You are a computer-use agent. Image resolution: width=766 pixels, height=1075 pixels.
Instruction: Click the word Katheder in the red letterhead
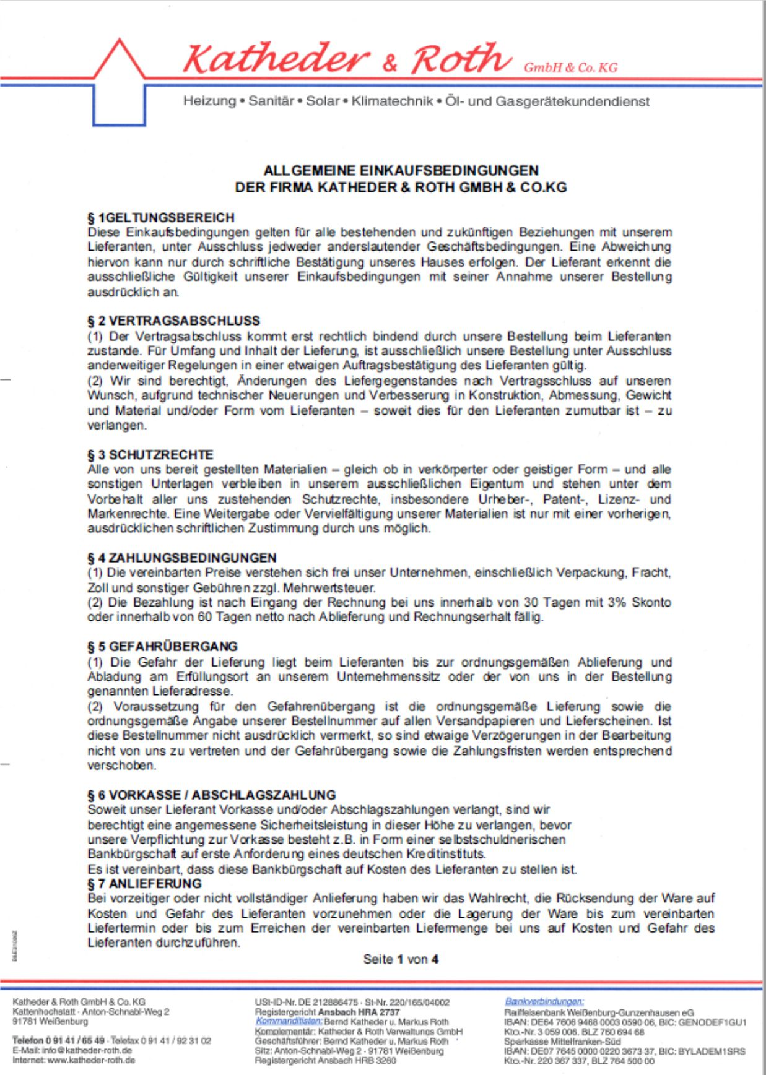(277, 59)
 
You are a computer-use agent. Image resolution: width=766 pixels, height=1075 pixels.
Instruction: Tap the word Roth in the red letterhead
(461, 59)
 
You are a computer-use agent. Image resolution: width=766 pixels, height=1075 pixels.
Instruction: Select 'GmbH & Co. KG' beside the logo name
(570, 68)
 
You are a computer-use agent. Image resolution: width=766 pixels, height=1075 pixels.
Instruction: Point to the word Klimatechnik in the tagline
(392, 101)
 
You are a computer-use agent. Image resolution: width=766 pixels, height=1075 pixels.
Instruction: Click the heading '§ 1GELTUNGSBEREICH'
(161, 218)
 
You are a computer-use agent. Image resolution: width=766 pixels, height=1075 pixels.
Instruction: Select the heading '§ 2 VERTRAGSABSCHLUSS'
(173, 321)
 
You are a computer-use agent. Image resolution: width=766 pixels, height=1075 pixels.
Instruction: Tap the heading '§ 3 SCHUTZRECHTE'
(150, 454)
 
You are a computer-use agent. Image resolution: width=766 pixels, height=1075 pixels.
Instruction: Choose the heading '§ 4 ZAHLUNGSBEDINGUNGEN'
(182, 558)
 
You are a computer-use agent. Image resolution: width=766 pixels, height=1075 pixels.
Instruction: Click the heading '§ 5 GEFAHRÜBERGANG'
(162, 647)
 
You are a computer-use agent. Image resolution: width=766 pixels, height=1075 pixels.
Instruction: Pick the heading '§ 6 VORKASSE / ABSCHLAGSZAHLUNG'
(212, 795)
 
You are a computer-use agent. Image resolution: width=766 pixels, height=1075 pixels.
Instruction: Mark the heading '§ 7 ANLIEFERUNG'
(145, 884)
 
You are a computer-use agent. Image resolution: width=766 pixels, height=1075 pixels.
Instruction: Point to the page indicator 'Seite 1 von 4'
(401, 959)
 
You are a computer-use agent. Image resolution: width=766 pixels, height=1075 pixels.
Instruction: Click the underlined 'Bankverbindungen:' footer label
(544, 1001)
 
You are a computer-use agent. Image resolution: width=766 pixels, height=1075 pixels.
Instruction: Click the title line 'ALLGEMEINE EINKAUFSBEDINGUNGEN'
(401, 170)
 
